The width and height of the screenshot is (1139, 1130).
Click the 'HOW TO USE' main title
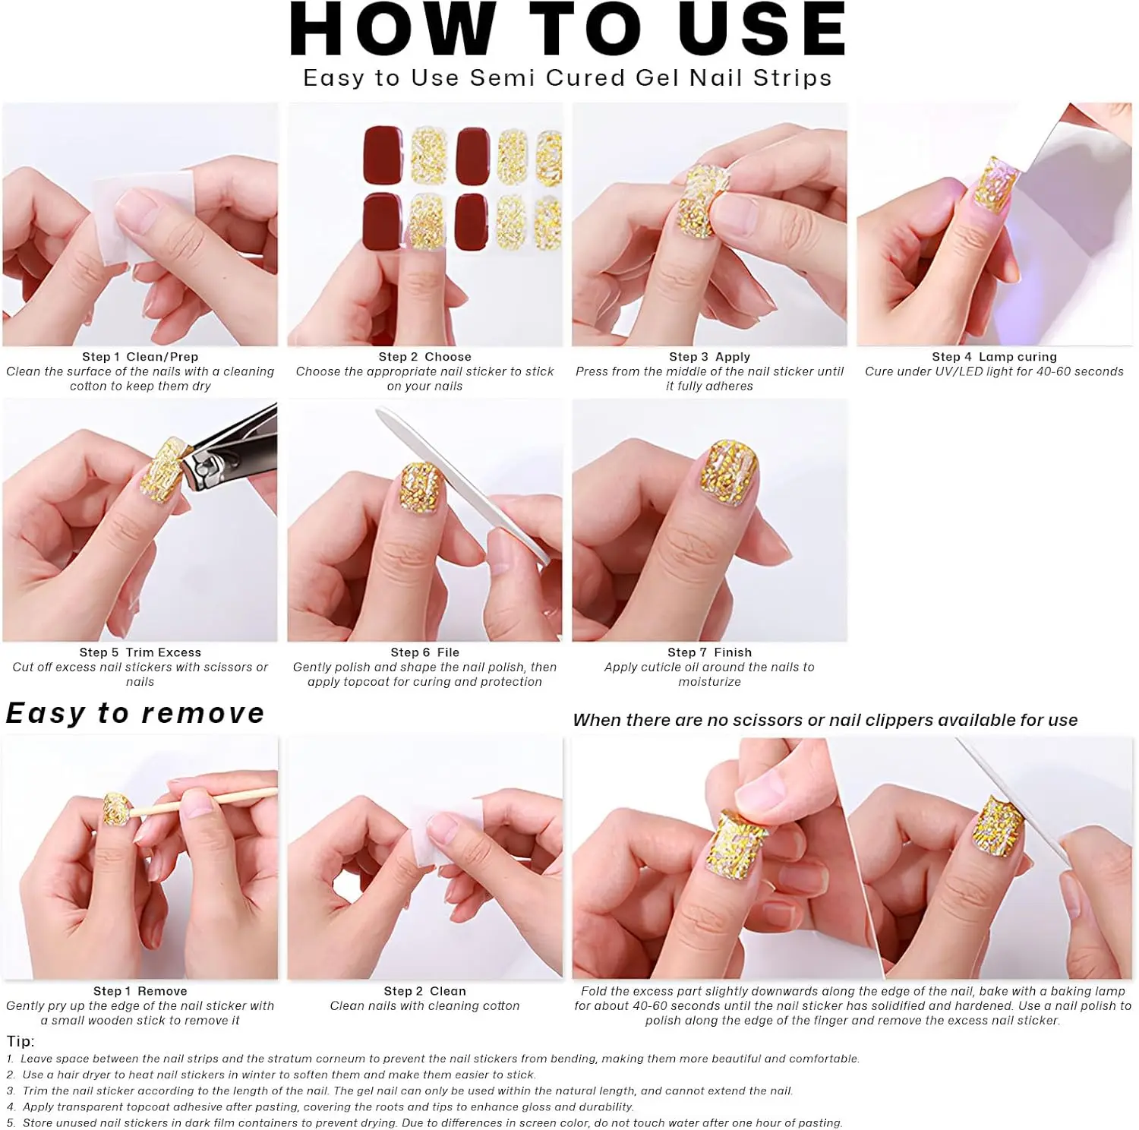[568, 30]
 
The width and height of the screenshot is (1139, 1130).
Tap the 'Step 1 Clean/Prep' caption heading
[140, 357]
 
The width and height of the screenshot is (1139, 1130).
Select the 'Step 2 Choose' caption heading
[424, 357]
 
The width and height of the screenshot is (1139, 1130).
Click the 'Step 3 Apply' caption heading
[709, 357]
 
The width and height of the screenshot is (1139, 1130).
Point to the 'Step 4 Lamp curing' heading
[994, 357]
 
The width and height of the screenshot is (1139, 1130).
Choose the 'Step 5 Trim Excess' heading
[140, 652]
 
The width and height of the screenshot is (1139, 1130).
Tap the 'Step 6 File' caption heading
[424, 652]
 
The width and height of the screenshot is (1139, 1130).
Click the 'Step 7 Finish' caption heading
[709, 652]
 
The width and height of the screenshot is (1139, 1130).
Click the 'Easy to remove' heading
[135, 713]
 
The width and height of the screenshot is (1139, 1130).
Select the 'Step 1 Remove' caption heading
[140, 991]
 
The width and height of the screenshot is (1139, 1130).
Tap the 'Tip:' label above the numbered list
[21, 1041]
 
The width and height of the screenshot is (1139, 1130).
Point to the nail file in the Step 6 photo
[463, 486]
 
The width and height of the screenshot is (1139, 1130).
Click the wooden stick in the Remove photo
[205, 803]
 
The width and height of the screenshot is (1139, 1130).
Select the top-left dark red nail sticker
[383, 156]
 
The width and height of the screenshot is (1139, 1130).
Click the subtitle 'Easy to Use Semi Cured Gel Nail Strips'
[567, 78]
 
